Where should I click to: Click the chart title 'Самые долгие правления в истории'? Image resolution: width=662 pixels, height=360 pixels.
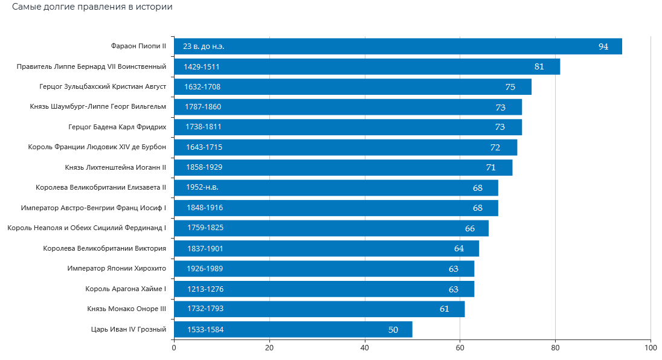coord(92,8)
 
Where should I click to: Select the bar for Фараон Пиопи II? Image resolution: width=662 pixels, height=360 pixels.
coord(397,47)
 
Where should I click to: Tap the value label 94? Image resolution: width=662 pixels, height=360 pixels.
coord(603,47)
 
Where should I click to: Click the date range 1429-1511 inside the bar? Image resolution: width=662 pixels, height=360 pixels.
coord(202,66)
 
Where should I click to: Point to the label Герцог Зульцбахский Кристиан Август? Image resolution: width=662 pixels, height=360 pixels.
coord(103,86)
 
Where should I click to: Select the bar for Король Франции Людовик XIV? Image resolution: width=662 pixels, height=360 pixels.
coord(345,147)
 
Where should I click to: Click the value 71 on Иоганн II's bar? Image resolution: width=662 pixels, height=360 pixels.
coord(490,167)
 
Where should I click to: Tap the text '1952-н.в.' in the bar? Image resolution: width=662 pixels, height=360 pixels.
coord(202,188)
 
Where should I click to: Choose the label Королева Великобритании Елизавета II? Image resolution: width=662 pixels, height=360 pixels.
coord(101,188)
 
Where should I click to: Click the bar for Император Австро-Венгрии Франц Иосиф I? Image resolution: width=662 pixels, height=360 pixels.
coord(336,208)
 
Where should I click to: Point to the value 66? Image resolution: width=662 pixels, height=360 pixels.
coord(469,228)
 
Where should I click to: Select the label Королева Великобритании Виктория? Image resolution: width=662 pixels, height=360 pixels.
coord(104,248)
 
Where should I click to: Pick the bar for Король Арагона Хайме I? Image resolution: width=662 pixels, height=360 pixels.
coord(324,289)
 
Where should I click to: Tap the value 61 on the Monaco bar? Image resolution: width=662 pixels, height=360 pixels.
coord(444,309)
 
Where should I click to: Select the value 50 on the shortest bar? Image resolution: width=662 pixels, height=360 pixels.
coord(393,329)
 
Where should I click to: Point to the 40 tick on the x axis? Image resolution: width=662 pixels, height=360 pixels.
coord(365,348)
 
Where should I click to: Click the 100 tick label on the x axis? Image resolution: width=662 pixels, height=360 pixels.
coord(650,348)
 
